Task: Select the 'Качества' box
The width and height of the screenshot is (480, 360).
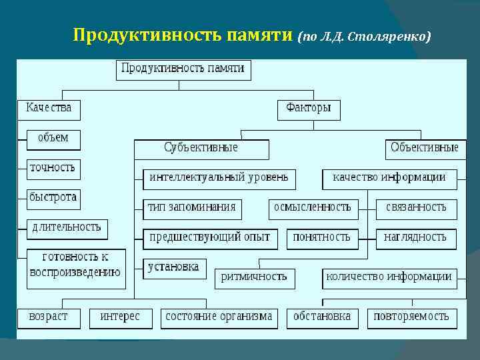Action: tap(49, 109)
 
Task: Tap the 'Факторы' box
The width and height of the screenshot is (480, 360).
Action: tap(308, 109)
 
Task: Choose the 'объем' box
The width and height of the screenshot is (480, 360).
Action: tap(53, 139)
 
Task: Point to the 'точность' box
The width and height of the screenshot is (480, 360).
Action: tap(53, 168)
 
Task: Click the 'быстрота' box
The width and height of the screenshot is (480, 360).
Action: tap(53, 197)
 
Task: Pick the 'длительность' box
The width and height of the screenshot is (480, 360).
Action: tap(67, 227)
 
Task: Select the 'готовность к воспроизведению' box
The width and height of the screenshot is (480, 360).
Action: tap(75, 265)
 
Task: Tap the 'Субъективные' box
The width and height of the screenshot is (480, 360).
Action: tap(201, 149)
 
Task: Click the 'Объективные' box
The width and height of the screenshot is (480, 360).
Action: tap(424, 149)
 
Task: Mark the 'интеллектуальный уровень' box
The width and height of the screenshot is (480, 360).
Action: tap(219, 178)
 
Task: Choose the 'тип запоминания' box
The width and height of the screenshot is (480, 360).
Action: tap(192, 208)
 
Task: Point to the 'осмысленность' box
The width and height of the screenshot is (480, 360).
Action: tap(312, 208)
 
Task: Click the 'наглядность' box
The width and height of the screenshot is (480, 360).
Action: tap(415, 238)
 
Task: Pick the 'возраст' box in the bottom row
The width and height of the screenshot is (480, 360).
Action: tap(48, 317)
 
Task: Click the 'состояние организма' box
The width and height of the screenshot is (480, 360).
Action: tap(219, 317)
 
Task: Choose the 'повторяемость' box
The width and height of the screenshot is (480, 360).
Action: tap(411, 317)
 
